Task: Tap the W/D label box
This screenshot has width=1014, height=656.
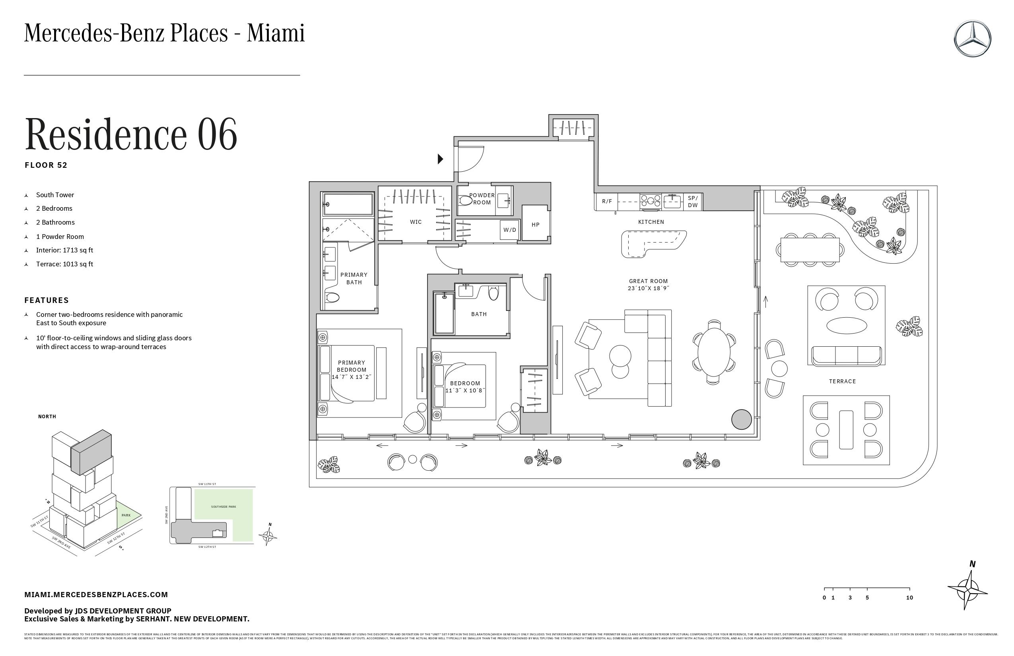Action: point(509,230)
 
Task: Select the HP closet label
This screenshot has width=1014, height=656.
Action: point(536,225)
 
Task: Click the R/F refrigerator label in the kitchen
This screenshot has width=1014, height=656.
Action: point(607,202)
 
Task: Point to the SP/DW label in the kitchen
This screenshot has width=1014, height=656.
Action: point(693,202)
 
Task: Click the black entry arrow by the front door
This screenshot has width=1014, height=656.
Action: point(441,159)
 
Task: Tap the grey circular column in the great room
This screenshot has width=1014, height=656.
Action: point(741,419)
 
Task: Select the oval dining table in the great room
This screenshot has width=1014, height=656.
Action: point(714,352)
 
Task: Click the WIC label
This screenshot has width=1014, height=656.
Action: point(416,222)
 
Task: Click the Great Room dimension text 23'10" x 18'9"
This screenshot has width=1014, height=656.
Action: point(648,288)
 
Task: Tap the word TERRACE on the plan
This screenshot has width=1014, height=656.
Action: point(842,381)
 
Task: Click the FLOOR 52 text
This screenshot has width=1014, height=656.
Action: point(46,165)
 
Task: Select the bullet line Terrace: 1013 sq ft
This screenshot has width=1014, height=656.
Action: point(64,264)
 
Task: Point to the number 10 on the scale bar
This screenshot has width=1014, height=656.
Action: point(909,598)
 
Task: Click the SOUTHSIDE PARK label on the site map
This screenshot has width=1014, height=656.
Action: point(223,507)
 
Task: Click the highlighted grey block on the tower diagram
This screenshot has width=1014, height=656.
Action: point(91,452)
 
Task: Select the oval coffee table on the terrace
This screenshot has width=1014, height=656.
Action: point(846,326)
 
